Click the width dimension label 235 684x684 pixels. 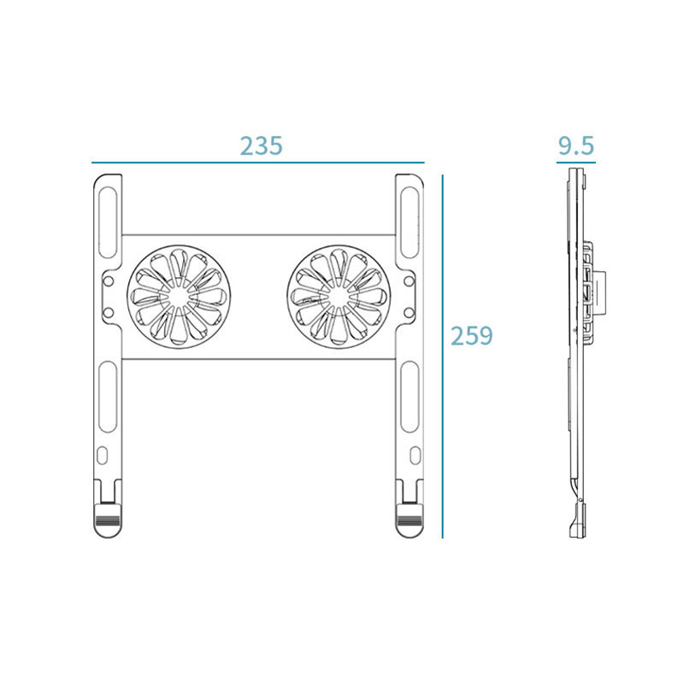pyautogui.click(x=261, y=145)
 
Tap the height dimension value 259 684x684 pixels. pyautogui.click(x=472, y=335)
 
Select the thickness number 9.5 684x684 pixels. pyautogui.click(x=575, y=145)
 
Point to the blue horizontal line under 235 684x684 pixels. pyautogui.click(x=258, y=162)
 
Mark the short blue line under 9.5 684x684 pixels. pyautogui.click(x=575, y=161)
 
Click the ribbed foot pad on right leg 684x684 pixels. pyautogui.click(x=409, y=518)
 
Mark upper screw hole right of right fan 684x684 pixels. pyautogui.click(x=409, y=280)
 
